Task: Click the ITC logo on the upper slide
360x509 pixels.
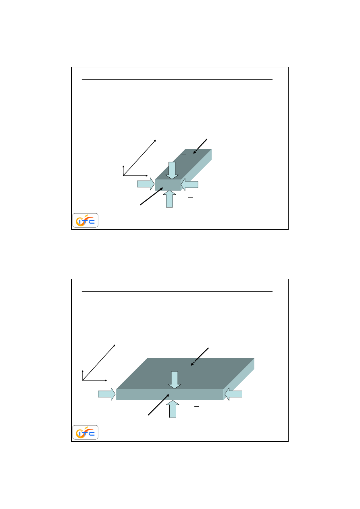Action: [85, 220]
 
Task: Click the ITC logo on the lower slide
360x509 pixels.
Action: [85, 432]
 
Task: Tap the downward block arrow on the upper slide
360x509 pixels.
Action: [172, 170]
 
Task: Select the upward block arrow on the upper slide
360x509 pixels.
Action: [169, 199]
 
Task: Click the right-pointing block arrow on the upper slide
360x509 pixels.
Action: [146, 184]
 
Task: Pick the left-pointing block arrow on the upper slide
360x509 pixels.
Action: [189, 185]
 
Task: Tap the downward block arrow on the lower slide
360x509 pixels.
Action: [175, 380]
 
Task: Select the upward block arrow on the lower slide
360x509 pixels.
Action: [173, 409]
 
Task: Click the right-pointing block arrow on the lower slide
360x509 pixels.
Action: [106, 394]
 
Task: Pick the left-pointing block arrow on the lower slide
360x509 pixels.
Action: [233, 394]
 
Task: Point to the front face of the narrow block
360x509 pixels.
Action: [168, 185]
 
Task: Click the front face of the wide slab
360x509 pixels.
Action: [170, 395]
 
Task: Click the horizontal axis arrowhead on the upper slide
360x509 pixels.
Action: [147, 176]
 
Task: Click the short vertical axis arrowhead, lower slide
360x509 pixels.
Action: [83, 371]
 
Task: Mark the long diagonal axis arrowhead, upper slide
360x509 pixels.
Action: [155, 141]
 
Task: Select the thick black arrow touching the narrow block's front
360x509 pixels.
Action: [152, 196]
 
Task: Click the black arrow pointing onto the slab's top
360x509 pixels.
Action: [200, 357]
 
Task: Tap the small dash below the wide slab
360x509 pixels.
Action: [197, 406]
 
